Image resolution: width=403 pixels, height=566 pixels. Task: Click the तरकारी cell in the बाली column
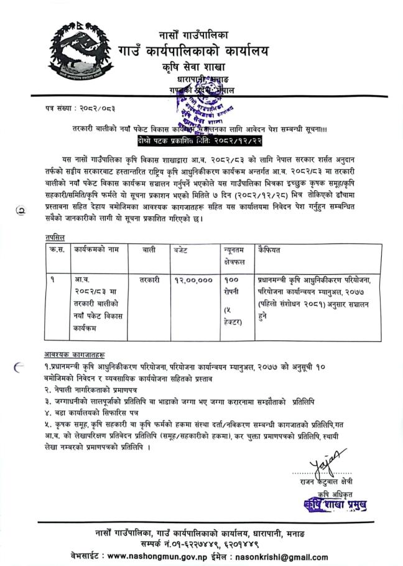(150, 281)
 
